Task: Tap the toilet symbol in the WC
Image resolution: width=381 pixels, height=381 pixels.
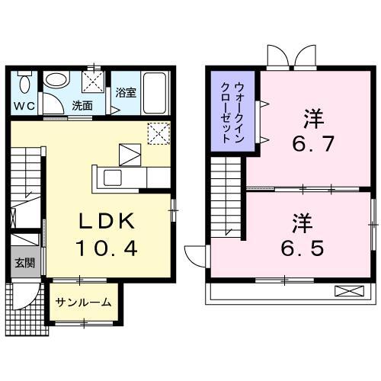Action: (24, 82)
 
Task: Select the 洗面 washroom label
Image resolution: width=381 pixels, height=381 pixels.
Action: (82, 106)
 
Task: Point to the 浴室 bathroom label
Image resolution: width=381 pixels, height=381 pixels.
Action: (125, 94)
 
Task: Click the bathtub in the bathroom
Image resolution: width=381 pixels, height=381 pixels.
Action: (158, 93)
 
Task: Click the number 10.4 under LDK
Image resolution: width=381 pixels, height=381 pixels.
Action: (107, 248)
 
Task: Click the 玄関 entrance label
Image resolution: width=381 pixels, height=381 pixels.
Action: (24, 264)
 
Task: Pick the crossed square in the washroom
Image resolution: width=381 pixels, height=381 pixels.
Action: (94, 79)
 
